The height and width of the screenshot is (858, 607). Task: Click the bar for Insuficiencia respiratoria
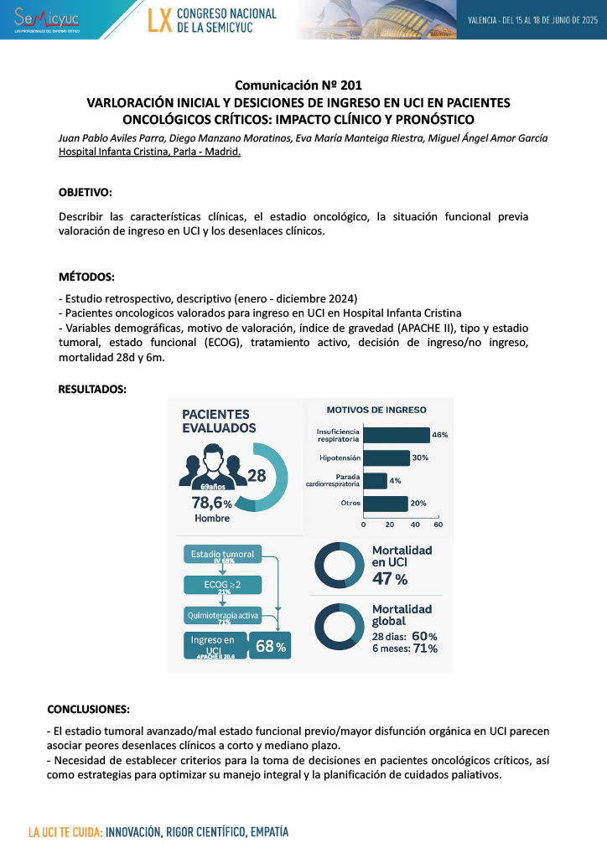[x=396, y=435]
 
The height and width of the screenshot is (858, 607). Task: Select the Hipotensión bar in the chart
[x=387, y=457]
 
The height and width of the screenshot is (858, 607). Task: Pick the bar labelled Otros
[x=385, y=503]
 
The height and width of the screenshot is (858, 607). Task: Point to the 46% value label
[x=440, y=435]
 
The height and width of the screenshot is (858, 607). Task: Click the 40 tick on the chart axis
[x=413, y=524]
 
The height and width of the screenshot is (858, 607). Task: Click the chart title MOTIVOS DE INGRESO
[x=376, y=410]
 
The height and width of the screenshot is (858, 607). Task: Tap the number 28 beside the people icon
[x=257, y=475]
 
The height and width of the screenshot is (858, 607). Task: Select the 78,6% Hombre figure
[x=212, y=508]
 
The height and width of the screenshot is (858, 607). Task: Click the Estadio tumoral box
[x=222, y=555]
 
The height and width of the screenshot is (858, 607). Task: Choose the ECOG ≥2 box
[x=222, y=585]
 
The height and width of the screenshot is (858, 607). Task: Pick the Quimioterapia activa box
[x=222, y=618]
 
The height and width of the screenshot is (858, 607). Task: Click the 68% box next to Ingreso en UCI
[x=270, y=646]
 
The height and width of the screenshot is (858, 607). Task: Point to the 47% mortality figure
[x=389, y=579]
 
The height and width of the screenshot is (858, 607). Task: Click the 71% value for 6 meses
[x=425, y=649]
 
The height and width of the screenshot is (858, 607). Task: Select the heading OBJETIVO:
[x=85, y=192]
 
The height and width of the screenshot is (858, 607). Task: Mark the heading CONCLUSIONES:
[x=88, y=708]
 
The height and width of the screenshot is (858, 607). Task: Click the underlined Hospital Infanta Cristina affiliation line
[x=149, y=152]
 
